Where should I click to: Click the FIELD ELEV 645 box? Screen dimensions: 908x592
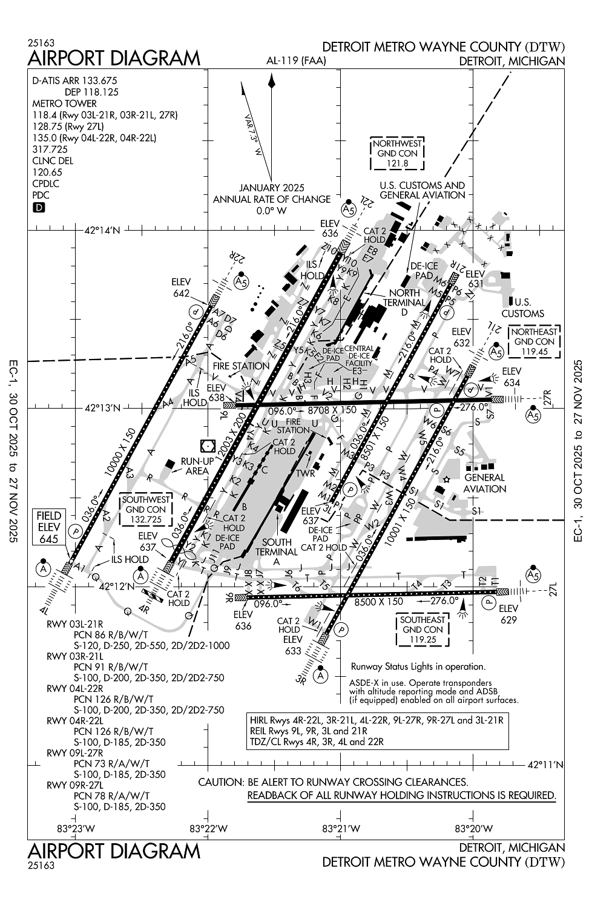click(x=49, y=527)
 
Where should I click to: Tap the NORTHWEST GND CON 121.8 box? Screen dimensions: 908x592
click(x=397, y=154)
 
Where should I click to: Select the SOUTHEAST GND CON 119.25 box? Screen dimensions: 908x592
click(x=423, y=630)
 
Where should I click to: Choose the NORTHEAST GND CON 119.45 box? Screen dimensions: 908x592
click(x=534, y=341)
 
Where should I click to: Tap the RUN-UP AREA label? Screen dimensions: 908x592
click(x=197, y=466)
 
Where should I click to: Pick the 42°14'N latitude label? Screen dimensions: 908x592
click(x=102, y=230)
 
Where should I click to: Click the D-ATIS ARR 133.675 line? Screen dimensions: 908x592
click(x=74, y=81)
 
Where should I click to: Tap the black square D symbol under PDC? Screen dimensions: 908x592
click(x=39, y=208)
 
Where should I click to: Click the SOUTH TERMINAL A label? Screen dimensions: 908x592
click(x=277, y=551)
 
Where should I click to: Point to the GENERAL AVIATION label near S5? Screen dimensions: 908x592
click(x=484, y=483)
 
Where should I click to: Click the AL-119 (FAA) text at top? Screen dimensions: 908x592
click(x=296, y=61)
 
